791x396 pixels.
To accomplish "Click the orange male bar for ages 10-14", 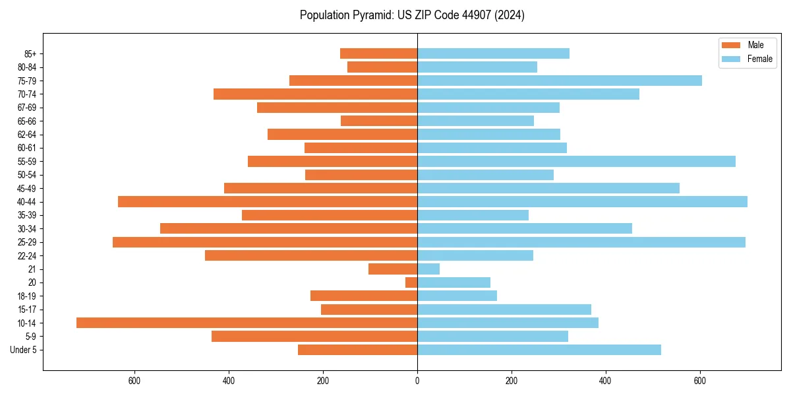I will [x=247, y=323].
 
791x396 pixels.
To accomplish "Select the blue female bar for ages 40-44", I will [x=582, y=201].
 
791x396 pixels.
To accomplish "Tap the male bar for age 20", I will [x=411, y=282].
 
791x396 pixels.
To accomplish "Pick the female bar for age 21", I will [x=428, y=269].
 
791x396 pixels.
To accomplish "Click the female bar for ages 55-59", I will [x=576, y=161].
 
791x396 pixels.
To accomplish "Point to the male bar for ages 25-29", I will [x=265, y=242].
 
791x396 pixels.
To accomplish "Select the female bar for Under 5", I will [x=539, y=350].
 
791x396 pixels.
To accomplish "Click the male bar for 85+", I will [x=378, y=53].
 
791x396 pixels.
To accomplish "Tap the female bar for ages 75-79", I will [x=560, y=81].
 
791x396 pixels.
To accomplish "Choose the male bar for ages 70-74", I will [x=315, y=94].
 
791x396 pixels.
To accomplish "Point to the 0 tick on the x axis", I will [x=417, y=381].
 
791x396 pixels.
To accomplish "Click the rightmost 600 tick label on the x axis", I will [x=699, y=381].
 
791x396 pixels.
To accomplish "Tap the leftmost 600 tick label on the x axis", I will [x=134, y=381].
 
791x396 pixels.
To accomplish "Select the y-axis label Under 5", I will [x=23, y=350].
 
